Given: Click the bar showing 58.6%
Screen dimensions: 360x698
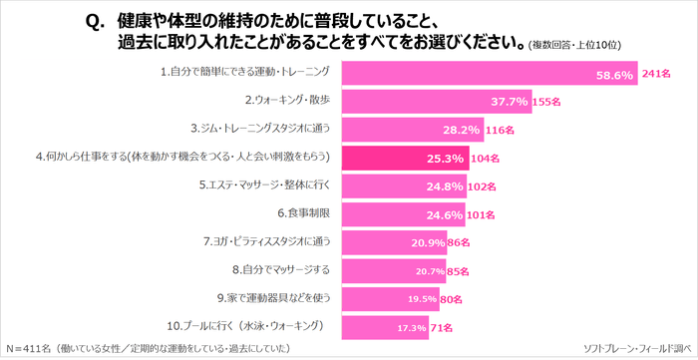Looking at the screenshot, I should (489, 74).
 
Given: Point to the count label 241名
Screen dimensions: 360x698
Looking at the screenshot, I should (656, 74).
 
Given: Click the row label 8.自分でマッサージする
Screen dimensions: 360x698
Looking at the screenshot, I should (285, 269).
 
